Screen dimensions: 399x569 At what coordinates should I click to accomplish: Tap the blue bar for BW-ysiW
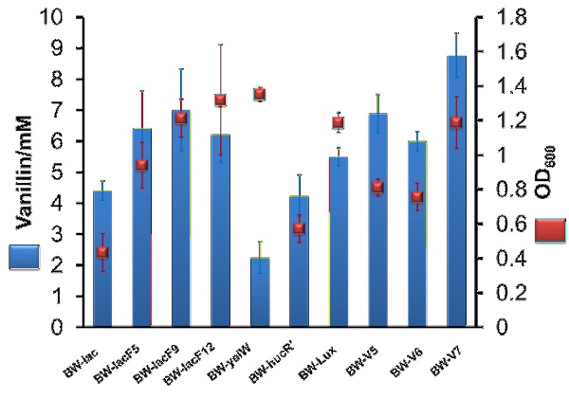pos(259,294)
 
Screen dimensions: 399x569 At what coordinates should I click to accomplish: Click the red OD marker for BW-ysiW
pos(259,94)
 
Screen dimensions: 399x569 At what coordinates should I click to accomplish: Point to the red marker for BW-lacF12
pos(220,100)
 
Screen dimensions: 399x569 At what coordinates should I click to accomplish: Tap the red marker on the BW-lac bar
pos(102,252)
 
